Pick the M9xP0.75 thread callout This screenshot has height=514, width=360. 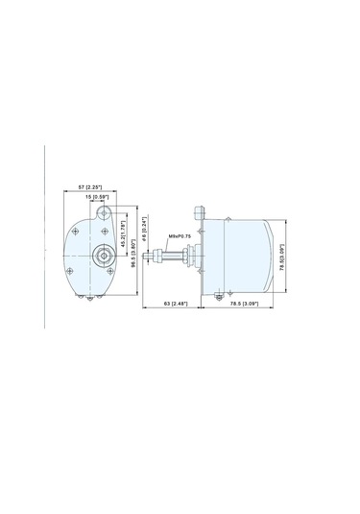click(180, 234)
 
